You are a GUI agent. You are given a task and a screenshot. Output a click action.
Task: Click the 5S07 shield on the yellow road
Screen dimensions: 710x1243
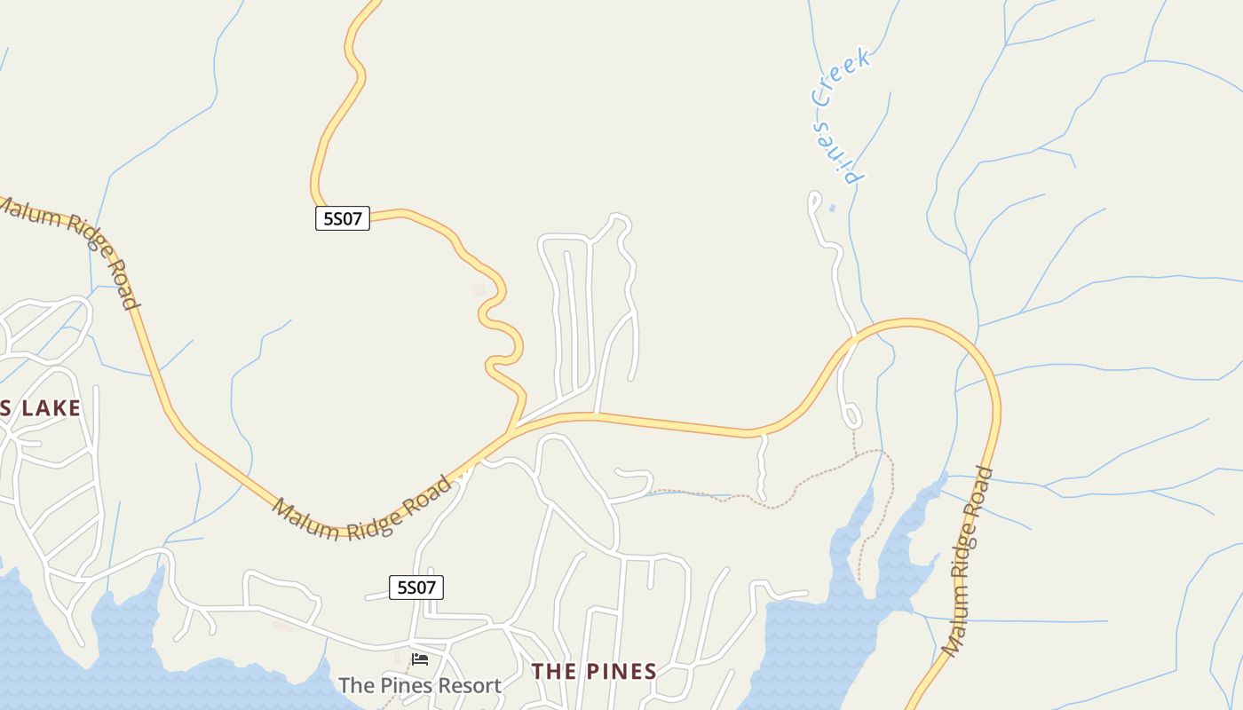point(343,218)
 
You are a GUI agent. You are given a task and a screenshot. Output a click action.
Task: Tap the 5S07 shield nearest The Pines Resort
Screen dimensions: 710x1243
point(416,588)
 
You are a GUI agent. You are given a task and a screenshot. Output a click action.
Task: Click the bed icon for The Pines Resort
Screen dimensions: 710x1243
point(420,659)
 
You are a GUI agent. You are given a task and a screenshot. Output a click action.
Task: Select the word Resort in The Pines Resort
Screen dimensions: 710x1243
point(467,686)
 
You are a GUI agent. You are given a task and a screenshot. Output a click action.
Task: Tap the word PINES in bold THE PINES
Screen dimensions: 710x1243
point(622,672)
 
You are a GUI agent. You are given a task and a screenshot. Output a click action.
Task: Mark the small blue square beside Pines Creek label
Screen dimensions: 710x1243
point(832,209)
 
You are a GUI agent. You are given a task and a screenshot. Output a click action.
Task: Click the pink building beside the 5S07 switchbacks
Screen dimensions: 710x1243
point(479,289)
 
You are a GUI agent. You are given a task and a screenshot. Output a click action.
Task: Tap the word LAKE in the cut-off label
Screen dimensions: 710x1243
point(51,408)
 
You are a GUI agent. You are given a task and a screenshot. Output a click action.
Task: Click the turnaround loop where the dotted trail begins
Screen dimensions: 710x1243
point(852,415)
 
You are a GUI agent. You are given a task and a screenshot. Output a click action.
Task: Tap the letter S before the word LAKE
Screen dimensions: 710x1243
point(4,408)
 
